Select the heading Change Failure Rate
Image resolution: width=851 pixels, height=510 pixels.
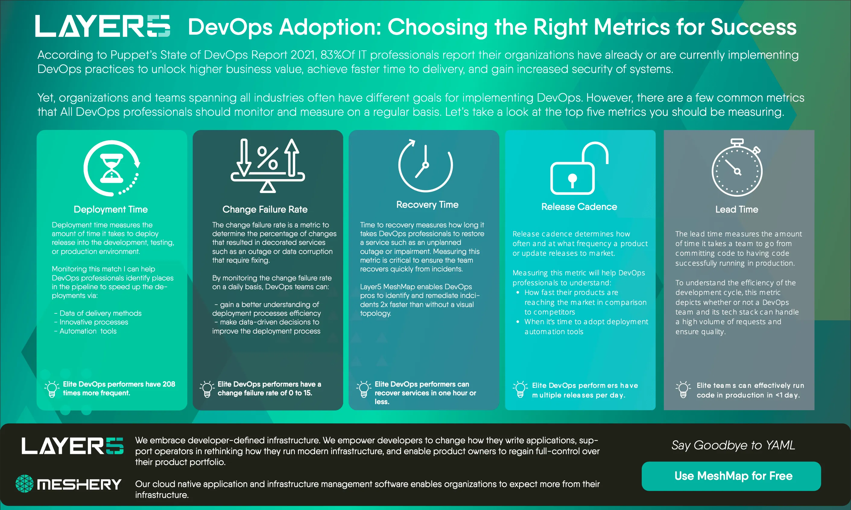coord(265,209)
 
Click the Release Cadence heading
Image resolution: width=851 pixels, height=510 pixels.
coord(579,207)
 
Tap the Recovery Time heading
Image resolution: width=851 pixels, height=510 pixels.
coord(427,204)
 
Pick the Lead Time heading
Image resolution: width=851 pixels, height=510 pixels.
coord(737,209)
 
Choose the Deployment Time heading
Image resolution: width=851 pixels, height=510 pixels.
coord(111,209)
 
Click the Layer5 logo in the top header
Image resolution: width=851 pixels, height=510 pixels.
coord(103,26)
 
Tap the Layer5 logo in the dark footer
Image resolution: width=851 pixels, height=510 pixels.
coord(72,446)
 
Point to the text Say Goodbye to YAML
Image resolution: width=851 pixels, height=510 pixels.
coord(733,445)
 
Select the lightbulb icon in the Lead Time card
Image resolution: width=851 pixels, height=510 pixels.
coord(683,389)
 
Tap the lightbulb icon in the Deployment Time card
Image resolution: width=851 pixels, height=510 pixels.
coord(52,389)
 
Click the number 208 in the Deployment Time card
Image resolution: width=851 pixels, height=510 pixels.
coord(169,384)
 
